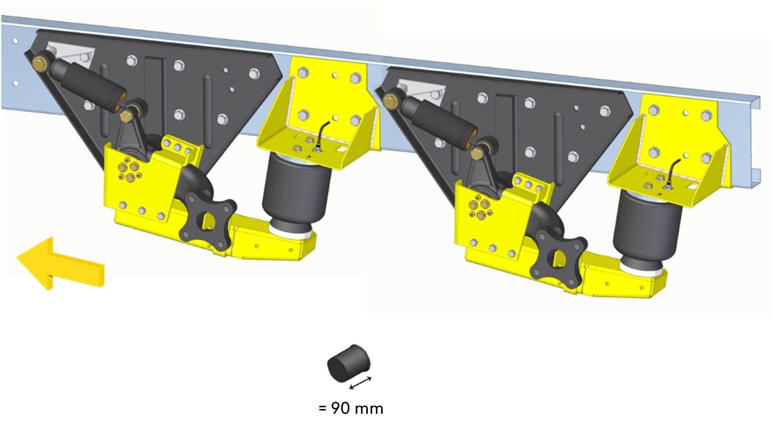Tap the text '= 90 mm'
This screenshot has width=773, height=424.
click(x=351, y=409)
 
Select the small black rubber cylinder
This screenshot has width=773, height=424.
click(x=348, y=363)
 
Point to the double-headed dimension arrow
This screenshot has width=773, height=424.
click(x=361, y=383)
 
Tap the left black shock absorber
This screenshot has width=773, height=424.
click(x=88, y=83)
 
